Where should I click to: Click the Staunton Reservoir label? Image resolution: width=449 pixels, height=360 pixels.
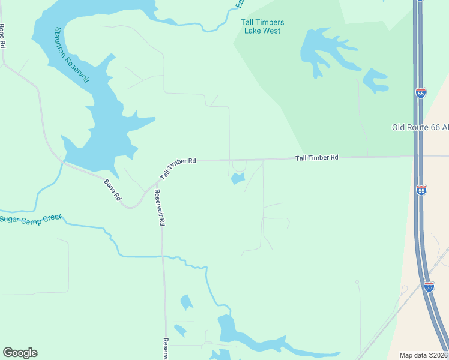pos(71,55)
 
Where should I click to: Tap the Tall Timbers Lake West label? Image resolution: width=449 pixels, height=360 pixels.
pos(262,26)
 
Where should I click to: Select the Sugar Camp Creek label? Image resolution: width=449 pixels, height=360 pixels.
pos(31,220)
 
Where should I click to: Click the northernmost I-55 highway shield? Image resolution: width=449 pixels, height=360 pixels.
pos(421,93)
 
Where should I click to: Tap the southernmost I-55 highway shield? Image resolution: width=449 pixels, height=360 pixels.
pos(429,287)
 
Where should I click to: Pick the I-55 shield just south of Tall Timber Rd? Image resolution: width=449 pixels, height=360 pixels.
pos(421,190)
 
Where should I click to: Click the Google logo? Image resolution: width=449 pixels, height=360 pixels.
pos(20,353)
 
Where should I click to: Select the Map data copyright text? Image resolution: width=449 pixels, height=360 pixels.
pos(424,355)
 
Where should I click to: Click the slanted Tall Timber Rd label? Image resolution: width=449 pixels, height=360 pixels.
pos(178,169)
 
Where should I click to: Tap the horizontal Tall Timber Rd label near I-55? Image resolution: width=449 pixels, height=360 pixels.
pos(317,157)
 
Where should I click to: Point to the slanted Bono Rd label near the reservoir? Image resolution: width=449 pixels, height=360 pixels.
pos(113,190)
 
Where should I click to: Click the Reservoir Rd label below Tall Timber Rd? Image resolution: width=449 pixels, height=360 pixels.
pos(159,208)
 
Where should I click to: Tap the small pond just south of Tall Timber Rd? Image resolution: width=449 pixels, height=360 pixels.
pos(238,178)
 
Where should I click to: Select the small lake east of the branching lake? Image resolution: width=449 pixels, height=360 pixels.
pos(375,80)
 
